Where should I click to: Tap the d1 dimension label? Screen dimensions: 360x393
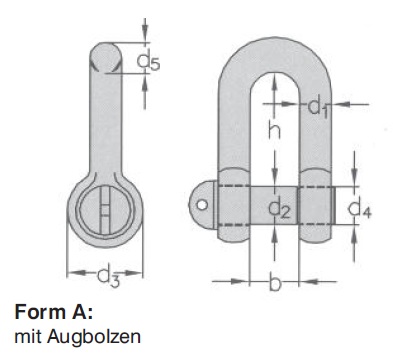pos(318,108)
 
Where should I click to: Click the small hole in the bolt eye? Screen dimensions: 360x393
pos(201,205)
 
